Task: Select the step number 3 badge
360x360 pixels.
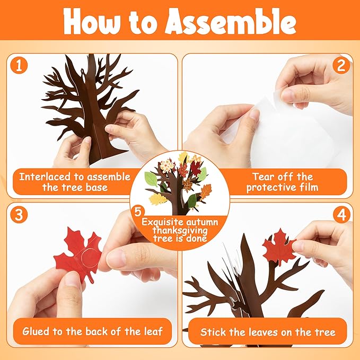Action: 20,215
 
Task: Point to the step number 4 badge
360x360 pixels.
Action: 341,215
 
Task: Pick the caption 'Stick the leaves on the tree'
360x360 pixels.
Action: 268,332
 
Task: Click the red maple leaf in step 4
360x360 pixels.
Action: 279,247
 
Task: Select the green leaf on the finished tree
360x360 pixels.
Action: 152,178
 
